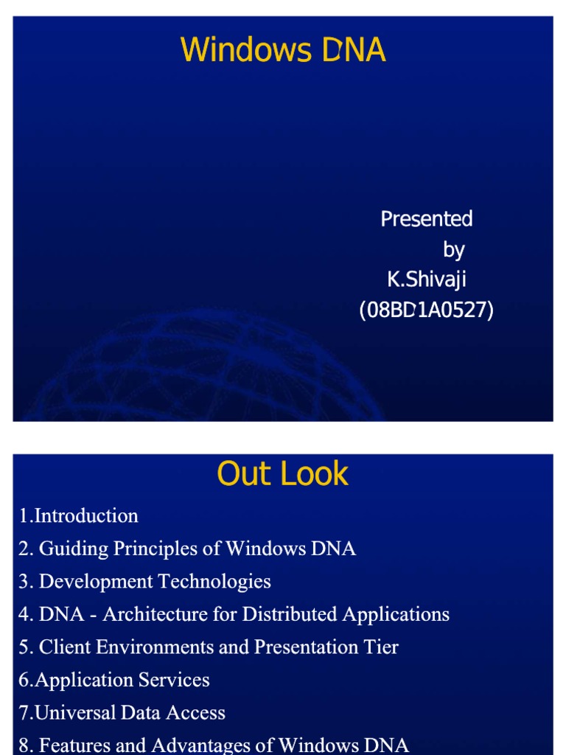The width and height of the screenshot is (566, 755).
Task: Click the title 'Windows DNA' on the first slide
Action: [283, 50]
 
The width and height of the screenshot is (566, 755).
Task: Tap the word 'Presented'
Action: [426, 219]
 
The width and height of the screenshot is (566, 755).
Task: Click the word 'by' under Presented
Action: [453, 250]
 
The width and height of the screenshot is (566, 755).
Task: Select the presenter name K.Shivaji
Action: [427, 280]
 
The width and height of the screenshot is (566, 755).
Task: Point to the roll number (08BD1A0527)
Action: [426, 310]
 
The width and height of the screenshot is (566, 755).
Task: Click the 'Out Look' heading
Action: [283, 474]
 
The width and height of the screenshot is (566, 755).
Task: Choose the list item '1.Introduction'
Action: [79, 516]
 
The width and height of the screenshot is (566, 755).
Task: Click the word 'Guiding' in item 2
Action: [69, 549]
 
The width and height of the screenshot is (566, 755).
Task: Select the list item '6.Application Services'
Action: [114, 680]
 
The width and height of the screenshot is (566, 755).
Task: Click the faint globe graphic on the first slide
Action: [206, 369]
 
